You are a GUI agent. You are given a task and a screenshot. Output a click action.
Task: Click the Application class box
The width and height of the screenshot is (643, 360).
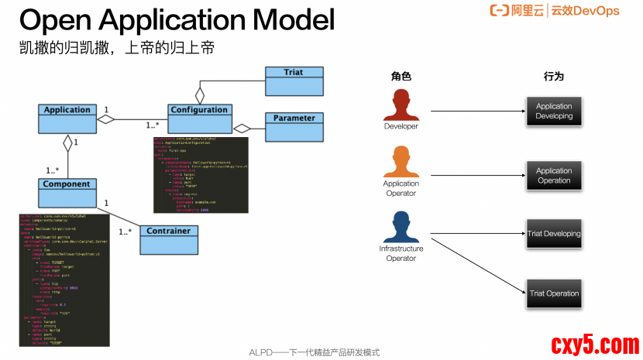point(67,117)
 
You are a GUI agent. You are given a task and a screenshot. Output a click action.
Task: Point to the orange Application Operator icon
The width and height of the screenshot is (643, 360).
point(401,163)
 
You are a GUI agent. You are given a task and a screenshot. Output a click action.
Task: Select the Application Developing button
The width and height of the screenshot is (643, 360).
point(554,111)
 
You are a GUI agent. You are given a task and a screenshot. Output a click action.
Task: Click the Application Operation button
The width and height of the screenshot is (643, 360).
point(554,176)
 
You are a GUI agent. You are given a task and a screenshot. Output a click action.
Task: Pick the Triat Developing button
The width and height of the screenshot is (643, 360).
point(554,233)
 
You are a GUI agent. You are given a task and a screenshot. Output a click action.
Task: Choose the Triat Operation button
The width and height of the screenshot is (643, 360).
point(554,293)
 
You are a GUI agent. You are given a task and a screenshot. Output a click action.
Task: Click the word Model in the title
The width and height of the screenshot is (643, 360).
point(282,19)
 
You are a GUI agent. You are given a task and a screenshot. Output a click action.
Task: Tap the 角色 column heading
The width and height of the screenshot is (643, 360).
point(401,77)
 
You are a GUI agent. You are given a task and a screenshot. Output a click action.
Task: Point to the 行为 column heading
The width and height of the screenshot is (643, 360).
point(553,77)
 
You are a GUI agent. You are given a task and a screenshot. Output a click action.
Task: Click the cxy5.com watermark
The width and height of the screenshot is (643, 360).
point(594,344)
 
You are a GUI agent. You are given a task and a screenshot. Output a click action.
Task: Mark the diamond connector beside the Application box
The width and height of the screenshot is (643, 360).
point(105,118)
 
